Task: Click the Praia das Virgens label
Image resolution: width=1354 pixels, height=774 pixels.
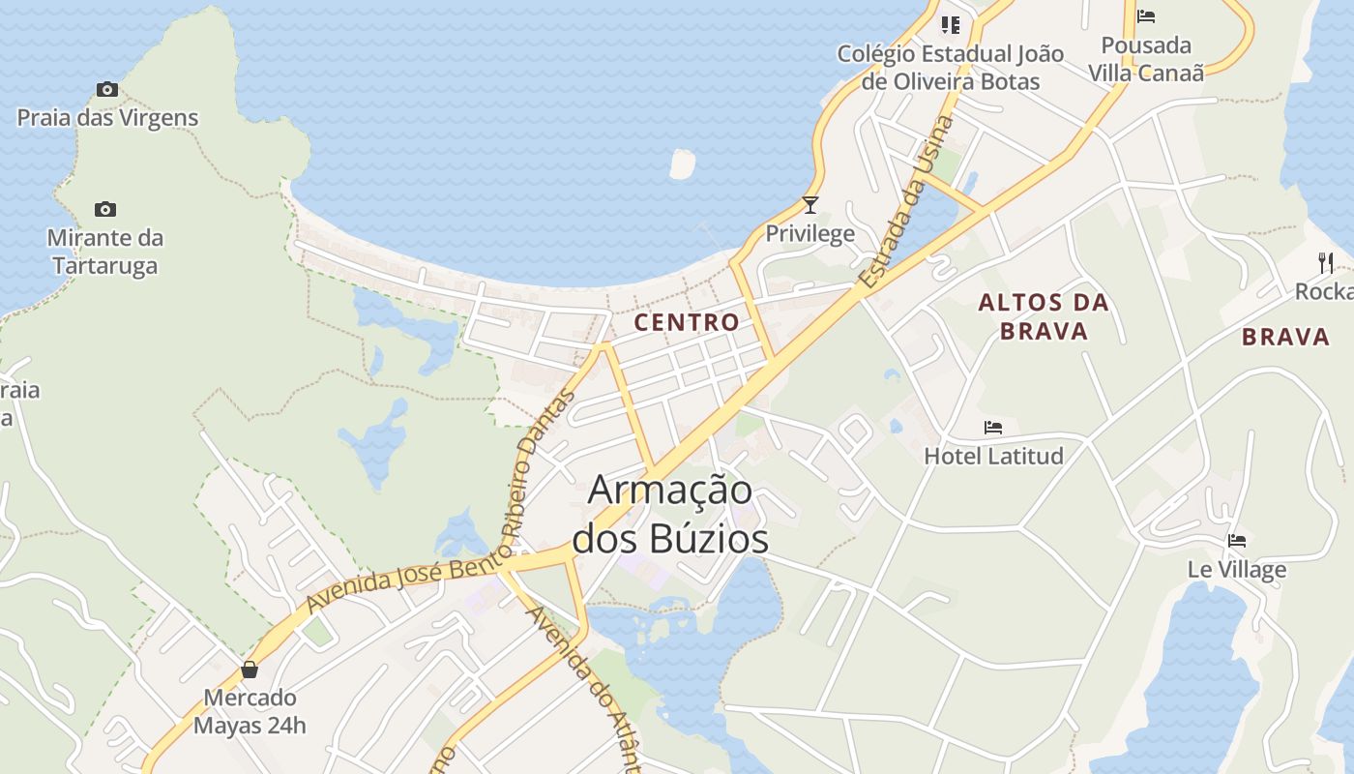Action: (107, 118)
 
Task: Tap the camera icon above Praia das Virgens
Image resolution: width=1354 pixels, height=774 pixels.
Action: (107, 90)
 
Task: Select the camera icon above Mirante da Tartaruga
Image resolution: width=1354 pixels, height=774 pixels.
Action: (105, 209)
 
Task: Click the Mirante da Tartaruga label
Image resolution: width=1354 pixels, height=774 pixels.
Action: (105, 252)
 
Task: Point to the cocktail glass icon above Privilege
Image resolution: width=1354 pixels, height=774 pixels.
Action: (810, 205)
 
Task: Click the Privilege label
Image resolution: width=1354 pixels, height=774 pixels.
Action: (810, 233)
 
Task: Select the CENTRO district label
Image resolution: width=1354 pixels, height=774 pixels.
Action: (687, 322)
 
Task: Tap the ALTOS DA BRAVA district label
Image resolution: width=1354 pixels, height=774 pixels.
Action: (1044, 316)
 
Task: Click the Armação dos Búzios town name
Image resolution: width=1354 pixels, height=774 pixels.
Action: (670, 514)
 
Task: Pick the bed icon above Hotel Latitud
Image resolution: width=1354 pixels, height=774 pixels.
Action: (993, 428)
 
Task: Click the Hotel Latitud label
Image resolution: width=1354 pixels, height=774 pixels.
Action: (993, 456)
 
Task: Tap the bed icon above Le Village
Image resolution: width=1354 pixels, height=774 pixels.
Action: (1237, 541)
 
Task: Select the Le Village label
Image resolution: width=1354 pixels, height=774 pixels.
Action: (1237, 569)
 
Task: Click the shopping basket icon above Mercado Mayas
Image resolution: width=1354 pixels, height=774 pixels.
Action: (250, 670)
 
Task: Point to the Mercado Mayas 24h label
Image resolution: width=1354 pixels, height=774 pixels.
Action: (250, 711)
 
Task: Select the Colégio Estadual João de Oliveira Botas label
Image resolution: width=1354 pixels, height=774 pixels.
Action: (951, 68)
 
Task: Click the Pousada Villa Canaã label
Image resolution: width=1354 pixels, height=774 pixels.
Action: (1146, 59)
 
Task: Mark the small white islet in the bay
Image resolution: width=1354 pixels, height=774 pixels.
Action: (683, 164)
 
